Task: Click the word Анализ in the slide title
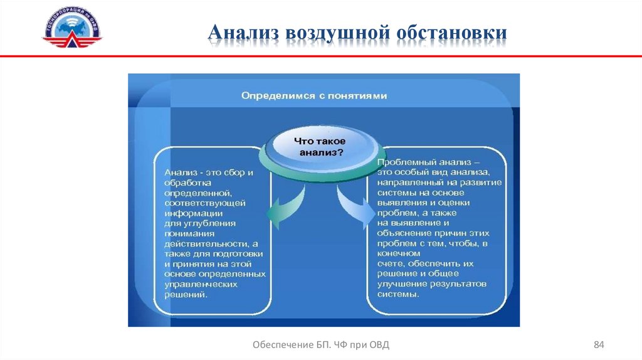click(243, 33)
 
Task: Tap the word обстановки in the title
click(453, 33)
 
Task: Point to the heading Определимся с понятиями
click(314, 96)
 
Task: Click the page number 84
click(599, 344)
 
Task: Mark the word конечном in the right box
click(395, 253)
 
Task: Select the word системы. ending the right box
click(397, 294)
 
